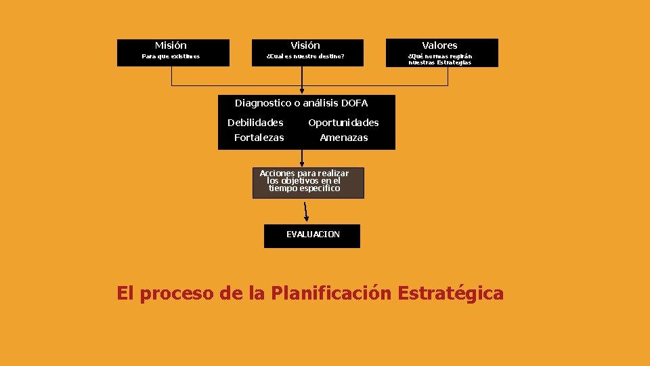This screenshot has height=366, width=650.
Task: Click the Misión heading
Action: coord(171,45)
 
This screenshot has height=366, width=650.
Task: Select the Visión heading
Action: coord(305,45)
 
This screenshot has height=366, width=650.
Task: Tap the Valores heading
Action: coord(440,45)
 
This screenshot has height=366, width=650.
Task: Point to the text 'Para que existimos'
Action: coord(171,56)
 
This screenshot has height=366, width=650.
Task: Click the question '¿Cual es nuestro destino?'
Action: coord(305,56)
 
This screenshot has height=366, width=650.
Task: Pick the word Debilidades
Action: coord(255,123)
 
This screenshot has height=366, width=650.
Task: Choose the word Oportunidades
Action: coord(343,123)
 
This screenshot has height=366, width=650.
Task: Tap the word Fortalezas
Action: coord(259,138)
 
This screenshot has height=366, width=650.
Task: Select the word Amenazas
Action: coord(344,138)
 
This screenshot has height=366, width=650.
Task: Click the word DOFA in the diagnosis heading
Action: coord(355,103)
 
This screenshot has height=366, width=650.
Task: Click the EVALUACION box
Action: coord(312,235)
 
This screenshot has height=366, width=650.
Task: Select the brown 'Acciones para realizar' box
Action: coord(308,182)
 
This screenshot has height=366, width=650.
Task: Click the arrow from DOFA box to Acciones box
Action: coord(302,159)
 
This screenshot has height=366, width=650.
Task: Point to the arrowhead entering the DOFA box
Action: coord(302,90)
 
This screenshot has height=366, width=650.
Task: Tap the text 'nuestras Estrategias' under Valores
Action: coord(440,62)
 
